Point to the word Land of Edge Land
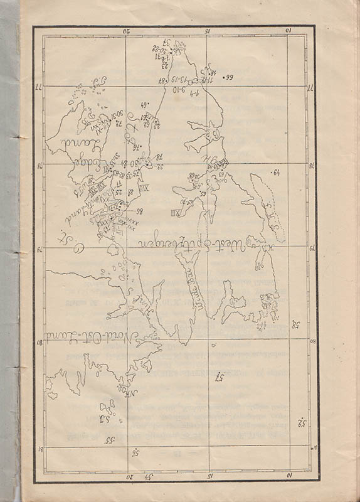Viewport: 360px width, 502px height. pos(76,134)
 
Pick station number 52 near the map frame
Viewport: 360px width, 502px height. pos(300,423)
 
